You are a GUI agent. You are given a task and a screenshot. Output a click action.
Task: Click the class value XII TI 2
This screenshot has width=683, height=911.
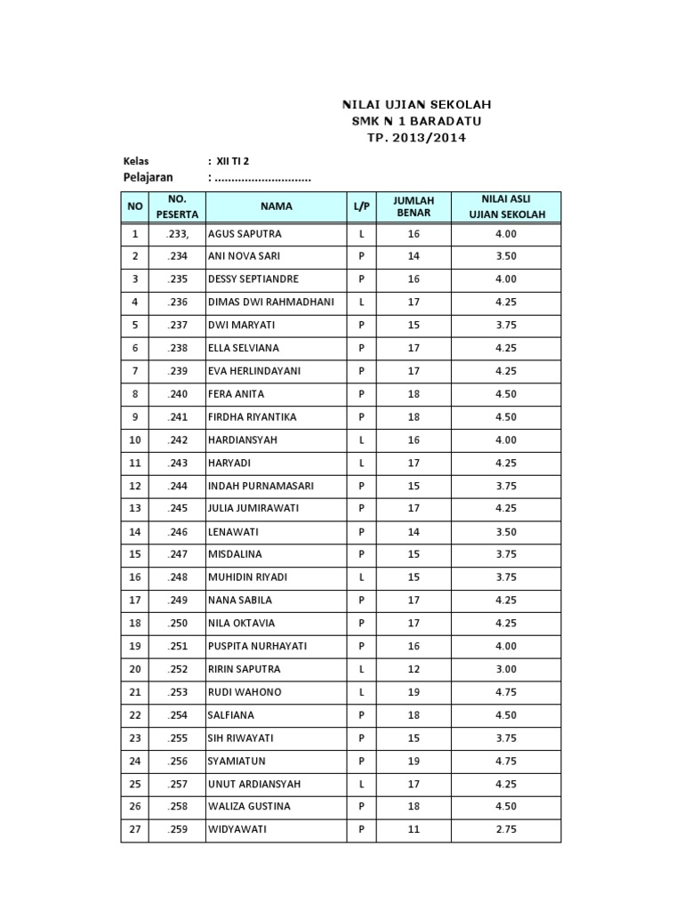[234, 161]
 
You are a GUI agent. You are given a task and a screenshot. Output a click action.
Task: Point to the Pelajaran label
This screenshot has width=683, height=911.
[148, 178]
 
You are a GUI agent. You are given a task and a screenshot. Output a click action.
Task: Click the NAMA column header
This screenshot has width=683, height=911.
[276, 206]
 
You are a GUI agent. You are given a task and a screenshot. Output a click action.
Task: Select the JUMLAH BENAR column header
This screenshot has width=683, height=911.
[414, 207]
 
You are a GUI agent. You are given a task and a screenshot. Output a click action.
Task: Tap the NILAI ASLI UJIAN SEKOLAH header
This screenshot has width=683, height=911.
[505, 207]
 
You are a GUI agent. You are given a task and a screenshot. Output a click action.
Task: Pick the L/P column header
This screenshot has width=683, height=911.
[361, 206]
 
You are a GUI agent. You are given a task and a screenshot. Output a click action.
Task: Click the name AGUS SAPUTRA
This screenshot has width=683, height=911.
[245, 234]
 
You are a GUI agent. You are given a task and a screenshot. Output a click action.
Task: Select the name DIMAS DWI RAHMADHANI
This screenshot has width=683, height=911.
[270, 302]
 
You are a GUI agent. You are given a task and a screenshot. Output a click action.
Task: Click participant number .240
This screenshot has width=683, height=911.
[177, 394]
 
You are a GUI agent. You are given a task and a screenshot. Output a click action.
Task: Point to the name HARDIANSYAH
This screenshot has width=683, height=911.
[244, 440]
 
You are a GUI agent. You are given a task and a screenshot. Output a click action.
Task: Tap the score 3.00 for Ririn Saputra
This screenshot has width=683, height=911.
[505, 669]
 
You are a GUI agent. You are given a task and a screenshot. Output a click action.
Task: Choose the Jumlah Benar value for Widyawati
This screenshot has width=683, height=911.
[414, 830]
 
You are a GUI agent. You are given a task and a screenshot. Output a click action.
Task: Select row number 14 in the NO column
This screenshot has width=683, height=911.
[135, 532]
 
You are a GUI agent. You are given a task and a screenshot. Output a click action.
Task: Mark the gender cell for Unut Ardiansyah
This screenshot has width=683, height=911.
[361, 784]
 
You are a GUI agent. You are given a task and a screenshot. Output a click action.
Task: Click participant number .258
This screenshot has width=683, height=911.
[177, 807]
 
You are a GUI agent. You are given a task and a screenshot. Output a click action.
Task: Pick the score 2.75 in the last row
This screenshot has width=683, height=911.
[505, 830]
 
